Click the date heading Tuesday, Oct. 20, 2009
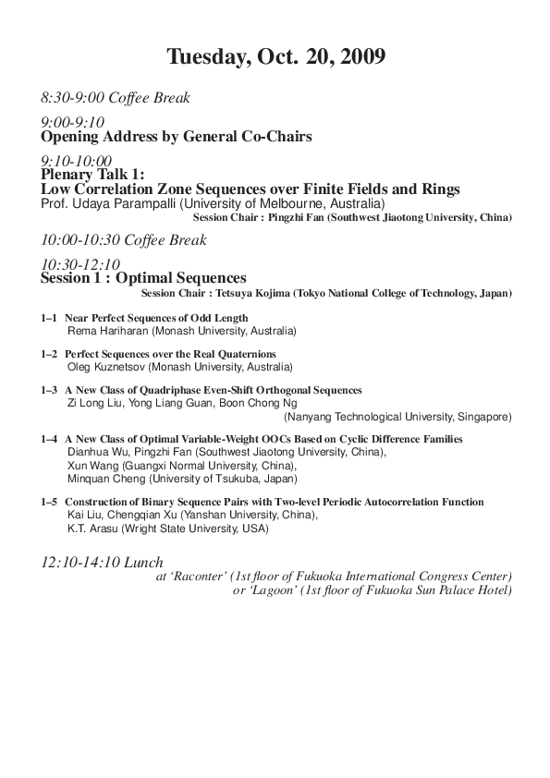click(275, 57)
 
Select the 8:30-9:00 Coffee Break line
click(116, 97)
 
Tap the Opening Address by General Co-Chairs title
click(176, 137)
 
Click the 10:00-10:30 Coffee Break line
click(124, 240)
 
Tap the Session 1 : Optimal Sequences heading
click(143, 277)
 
